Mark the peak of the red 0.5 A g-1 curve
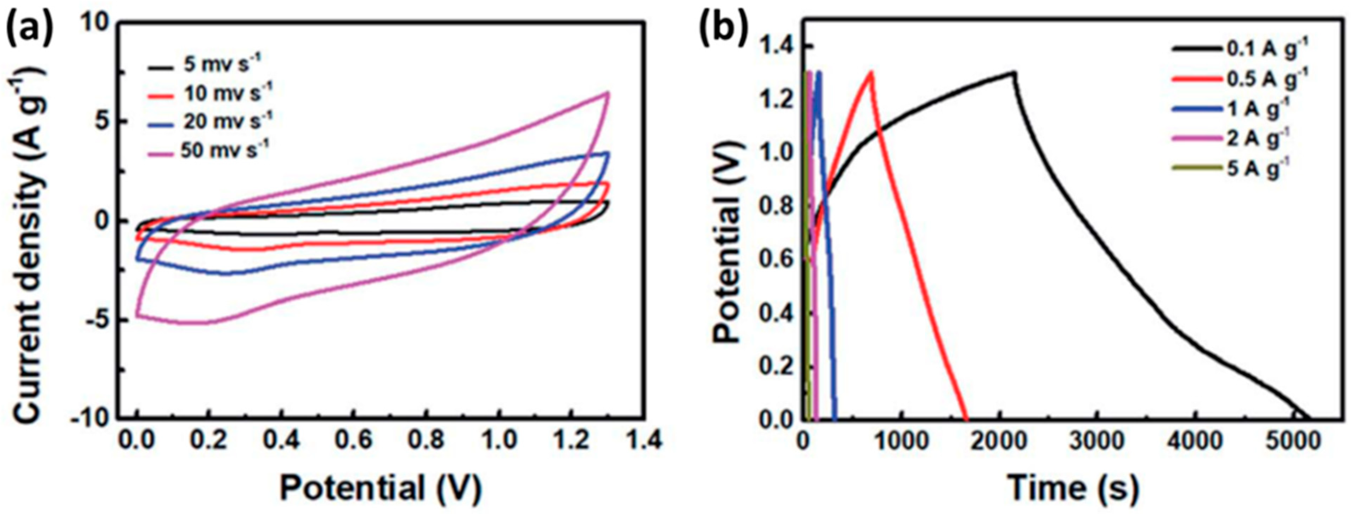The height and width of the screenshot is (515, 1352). [x=871, y=72]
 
